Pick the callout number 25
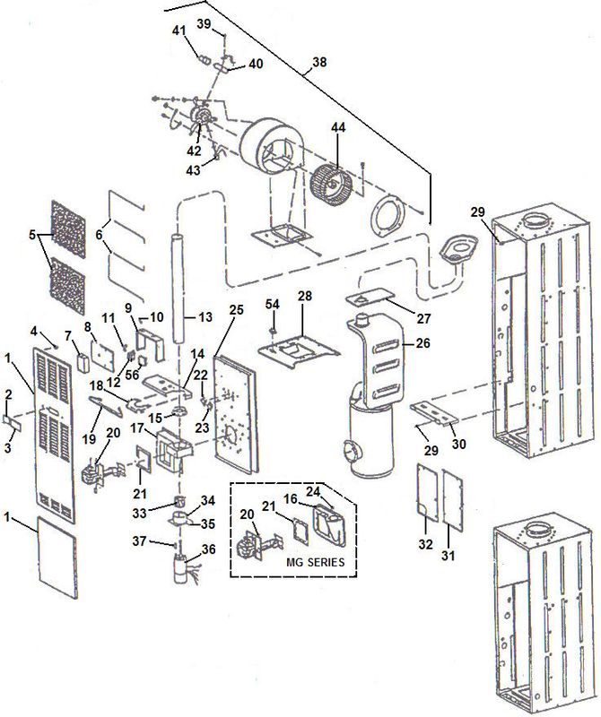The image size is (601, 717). [x=236, y=309]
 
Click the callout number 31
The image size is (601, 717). [x=449, y=556]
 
